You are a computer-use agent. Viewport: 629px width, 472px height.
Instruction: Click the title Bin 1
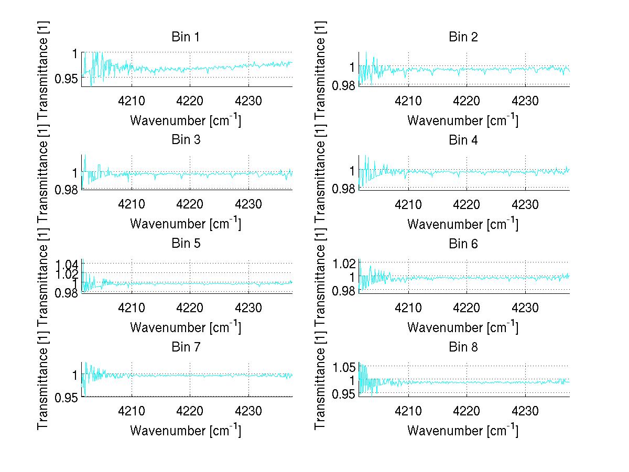coord(185,37)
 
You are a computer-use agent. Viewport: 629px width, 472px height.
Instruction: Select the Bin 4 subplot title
coord(463,140)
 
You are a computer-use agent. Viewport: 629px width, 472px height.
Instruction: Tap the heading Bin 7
coord(185,347)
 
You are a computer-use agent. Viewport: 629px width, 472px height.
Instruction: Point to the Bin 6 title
coord(463,244)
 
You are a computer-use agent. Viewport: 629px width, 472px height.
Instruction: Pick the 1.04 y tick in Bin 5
coord(66,264)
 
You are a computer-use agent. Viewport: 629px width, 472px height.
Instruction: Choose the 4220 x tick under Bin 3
coord(190,203)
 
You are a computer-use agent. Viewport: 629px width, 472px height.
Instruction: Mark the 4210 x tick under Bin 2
coord(409,100)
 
